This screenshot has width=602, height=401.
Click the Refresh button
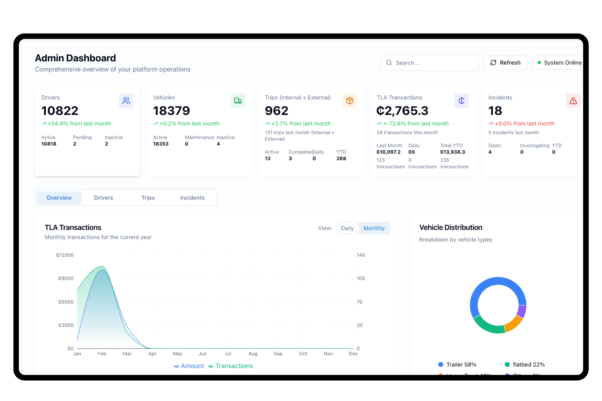coord(505,63)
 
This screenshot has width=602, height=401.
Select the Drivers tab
coord(103,198)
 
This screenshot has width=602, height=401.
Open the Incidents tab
coord(192,198)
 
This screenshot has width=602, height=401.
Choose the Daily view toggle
coord(347,228)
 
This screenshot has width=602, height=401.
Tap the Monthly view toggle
coord(374,228)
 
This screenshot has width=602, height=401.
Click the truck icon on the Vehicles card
coord(238,101)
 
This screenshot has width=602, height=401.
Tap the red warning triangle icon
coord(573,101)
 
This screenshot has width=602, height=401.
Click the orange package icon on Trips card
coord(350,101)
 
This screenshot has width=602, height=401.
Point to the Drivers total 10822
coord(60,111)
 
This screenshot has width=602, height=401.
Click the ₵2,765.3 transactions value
coord(402,111)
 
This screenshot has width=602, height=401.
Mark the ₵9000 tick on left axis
coord(66,279)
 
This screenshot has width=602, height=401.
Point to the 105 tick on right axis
coord(361,279)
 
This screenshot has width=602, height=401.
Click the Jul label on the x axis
coord(228,354)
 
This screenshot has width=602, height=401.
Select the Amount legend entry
coord(189,366)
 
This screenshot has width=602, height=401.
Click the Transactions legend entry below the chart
coord(231,366)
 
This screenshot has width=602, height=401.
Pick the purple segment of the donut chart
coord(522,311)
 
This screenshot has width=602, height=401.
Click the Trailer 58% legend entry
coord(457,364)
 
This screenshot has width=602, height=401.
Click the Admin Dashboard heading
coord(75,58)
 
